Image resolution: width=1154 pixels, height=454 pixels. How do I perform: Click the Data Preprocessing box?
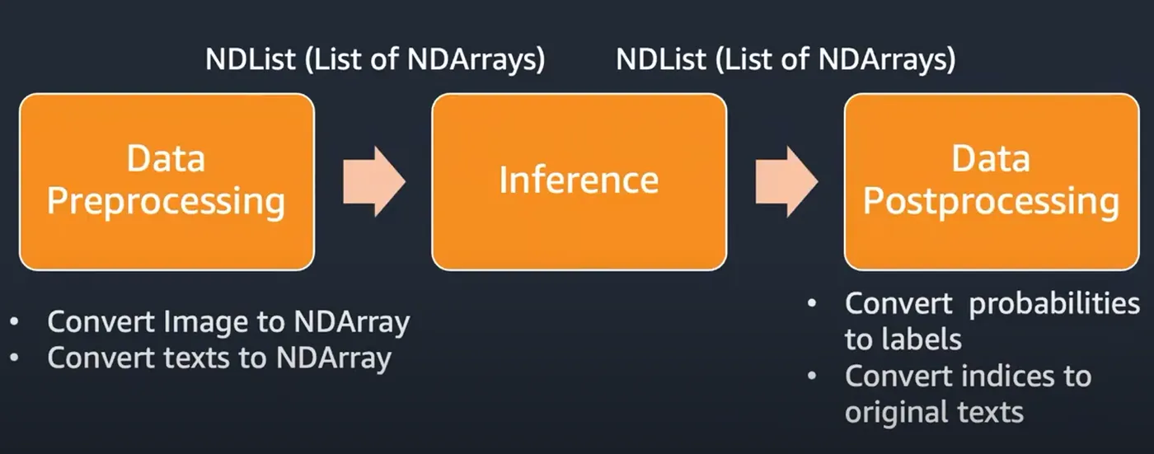pos(167,182)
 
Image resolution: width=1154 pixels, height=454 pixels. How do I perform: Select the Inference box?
pos(579,182)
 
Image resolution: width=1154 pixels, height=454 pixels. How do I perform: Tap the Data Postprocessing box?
pos(992,182)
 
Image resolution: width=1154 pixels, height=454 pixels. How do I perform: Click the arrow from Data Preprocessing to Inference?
pos(374,181)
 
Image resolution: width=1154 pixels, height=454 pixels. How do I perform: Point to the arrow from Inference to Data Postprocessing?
pos(786,181)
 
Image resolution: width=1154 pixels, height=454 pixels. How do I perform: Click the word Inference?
pos(579,180)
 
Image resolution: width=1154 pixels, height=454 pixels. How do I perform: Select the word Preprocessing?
pos(166,203)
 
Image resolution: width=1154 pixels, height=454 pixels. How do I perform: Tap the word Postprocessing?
pos(991,203)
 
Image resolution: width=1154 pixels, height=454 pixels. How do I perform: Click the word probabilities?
pos(1054,304)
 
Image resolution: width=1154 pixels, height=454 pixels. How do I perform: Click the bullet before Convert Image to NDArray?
pos(14,322)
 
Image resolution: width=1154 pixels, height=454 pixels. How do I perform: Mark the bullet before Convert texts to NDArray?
pos(14,358)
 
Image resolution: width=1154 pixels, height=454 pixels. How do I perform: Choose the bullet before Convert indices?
pos(812,376)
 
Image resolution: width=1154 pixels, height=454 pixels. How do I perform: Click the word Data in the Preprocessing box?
pos(166,158)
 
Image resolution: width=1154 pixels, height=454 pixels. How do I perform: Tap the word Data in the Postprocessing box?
pos(991,158)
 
